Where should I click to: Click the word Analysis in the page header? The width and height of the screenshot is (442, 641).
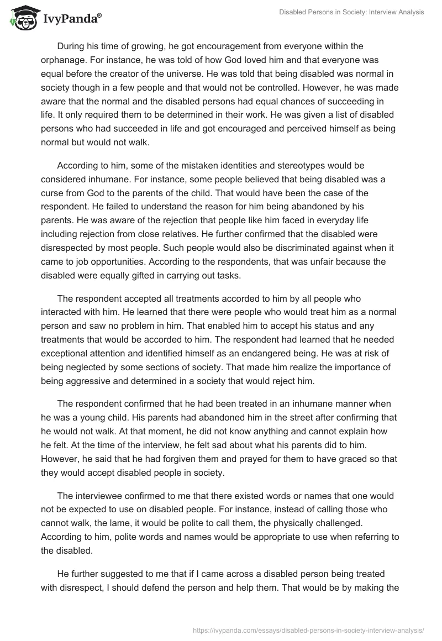point(409,12)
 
